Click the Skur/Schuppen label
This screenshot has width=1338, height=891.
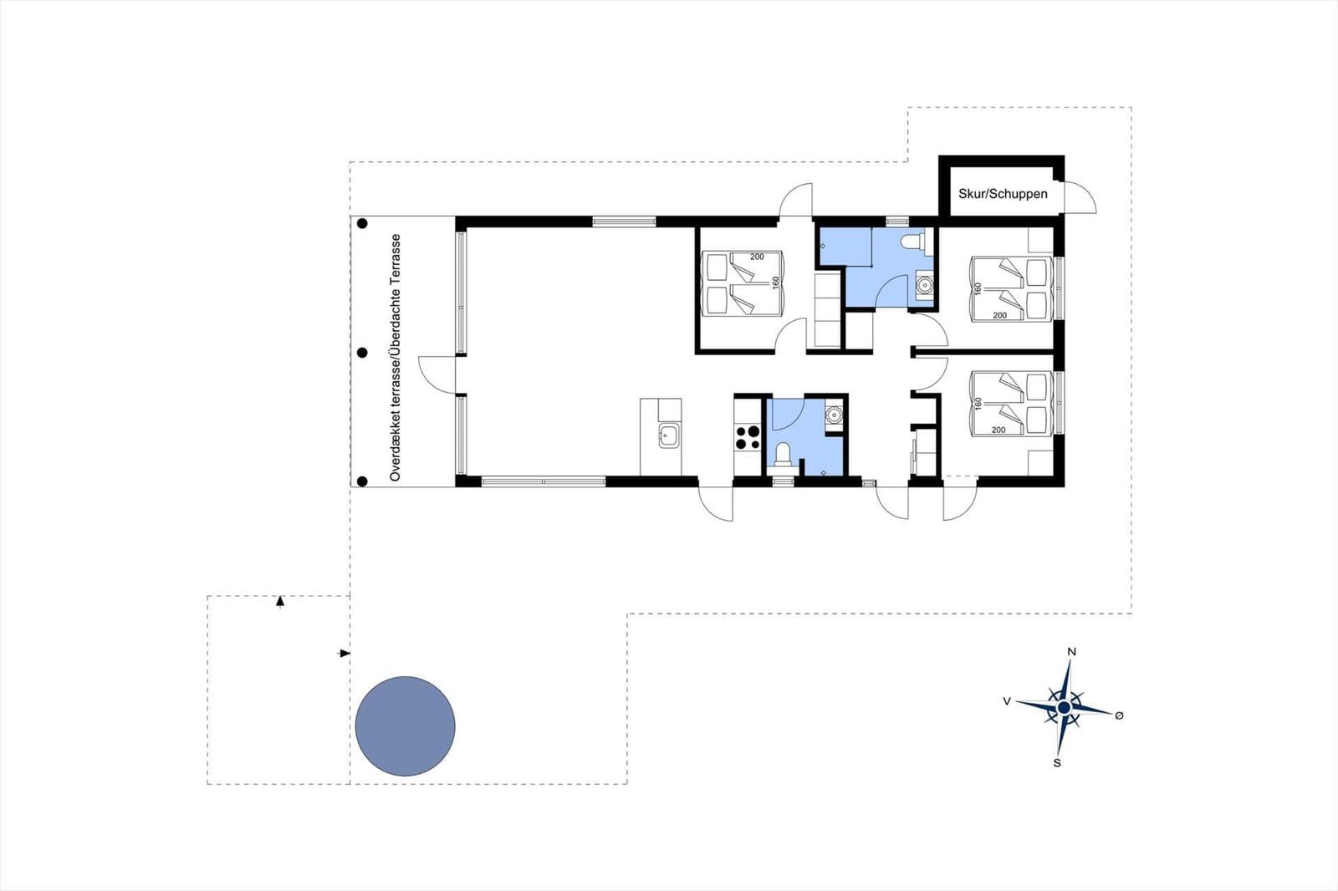(1003, 194)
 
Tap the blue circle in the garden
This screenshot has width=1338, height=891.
(405, 726)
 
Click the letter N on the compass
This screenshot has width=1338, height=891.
(1071, 652)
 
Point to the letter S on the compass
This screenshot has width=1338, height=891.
(1057, 763)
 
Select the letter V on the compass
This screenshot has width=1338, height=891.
(1007, 702)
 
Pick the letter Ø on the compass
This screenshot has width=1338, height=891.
(1120, 715)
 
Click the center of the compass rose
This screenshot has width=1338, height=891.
(1064, 708)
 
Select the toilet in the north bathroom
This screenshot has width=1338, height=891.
(912, 242)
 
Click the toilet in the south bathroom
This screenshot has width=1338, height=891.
(782, 455)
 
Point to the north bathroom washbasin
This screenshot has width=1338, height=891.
(924, 286)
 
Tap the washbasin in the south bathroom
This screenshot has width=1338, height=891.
(833, 414)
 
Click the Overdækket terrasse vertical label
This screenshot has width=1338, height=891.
(395, 358)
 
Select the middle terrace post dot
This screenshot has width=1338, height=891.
(362, 353)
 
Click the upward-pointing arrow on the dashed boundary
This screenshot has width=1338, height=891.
(279, 601)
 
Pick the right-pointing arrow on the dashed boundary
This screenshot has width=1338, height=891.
(344, 654)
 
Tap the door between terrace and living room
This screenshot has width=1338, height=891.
(437, 374)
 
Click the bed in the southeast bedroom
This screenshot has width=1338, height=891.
(1011, 405)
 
